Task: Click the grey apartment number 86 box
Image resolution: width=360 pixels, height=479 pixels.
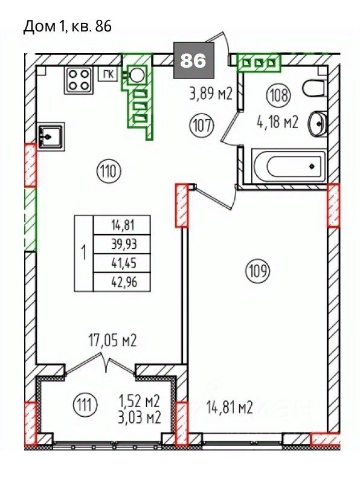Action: (194, 60)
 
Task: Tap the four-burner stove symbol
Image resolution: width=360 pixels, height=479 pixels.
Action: (79, 80)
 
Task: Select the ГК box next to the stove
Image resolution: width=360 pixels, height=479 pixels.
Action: (108, 74)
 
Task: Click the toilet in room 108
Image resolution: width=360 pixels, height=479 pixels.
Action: (315, 88)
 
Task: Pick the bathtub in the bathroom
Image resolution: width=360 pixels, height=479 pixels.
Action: (289, 166)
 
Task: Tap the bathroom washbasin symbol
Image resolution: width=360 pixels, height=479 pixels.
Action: (318, 124)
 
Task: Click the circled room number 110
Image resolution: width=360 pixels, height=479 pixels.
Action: (109, 172)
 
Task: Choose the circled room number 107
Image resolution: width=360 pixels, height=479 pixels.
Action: (201, 125)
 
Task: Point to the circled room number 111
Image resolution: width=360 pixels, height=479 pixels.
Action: (85, 405)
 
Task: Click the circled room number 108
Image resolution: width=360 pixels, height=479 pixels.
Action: (278, 94)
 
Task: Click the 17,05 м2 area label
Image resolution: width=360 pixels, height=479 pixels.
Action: (112, 340)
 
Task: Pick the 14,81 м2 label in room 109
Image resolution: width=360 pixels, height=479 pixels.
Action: (230, 407)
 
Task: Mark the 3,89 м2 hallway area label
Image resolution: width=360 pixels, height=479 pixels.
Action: (211, 94)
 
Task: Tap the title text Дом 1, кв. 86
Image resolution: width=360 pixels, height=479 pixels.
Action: (67, 27)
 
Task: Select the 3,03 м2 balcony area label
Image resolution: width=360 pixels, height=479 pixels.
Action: (139, 417)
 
